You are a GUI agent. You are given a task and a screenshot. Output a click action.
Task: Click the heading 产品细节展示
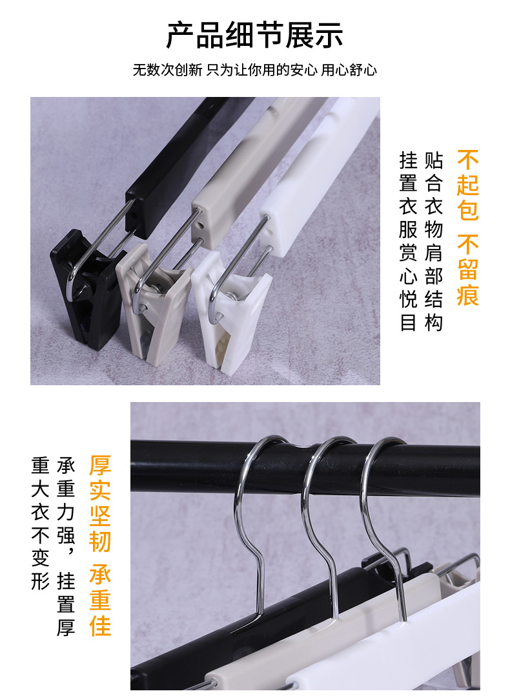(254, 36)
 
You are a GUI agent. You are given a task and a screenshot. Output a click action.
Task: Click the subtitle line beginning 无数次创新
(254, 70)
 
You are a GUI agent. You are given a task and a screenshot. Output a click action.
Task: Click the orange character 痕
(467, 295)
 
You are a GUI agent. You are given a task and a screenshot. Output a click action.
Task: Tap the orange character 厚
(100, 465)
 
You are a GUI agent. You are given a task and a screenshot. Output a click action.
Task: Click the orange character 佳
(100, 625)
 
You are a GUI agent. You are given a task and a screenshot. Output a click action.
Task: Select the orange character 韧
(100, 540)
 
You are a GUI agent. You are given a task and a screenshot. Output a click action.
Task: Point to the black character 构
(433, 323)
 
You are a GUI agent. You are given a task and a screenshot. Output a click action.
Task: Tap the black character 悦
(409, 299)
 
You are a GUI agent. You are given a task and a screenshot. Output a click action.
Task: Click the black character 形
(40, 581)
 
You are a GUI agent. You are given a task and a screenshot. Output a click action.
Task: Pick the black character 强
(66, 535)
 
